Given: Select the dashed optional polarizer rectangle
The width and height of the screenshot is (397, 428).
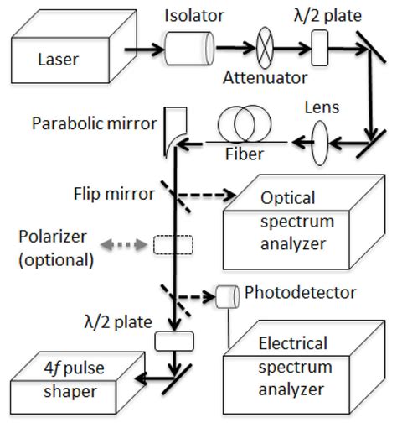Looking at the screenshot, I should click(x=173, y=244).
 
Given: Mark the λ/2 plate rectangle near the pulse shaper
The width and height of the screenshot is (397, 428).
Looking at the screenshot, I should click(x=174, y=341).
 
